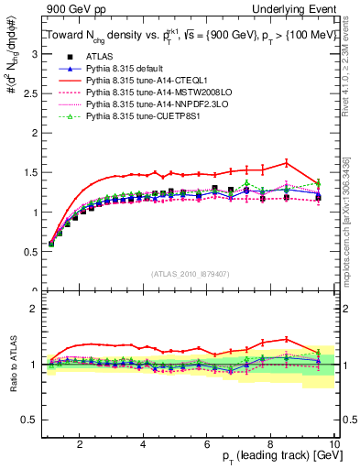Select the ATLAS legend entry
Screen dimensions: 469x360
[x=99, y=58]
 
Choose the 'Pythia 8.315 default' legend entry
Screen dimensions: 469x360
[x=130, y=70]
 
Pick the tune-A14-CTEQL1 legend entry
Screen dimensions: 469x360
[x=144, y=82]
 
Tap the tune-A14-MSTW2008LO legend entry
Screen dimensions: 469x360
[x=150, y=93]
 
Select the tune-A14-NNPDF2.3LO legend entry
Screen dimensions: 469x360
[x=148, y=105]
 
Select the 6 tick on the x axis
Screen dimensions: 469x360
[x=206, y=444]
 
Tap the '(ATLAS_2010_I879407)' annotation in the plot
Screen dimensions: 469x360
[x=190, y=274]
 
